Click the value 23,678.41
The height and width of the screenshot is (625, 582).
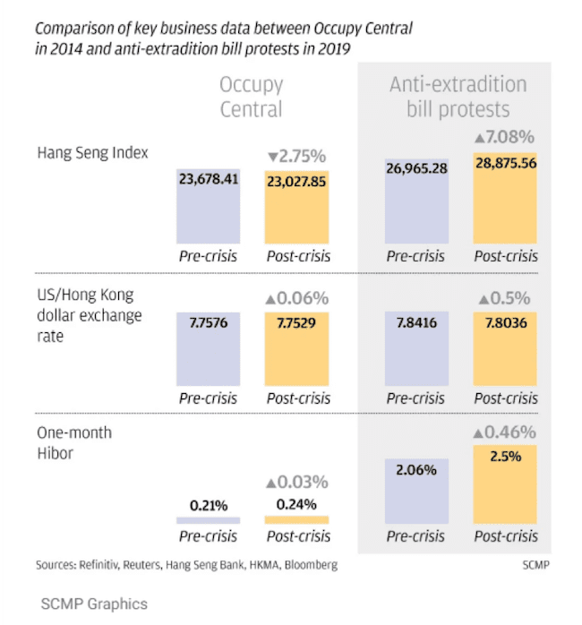click(x=209, y=179)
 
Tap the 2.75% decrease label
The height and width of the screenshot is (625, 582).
click(x=296, y=156)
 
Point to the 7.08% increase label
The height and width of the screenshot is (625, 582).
click(x=504, y=137)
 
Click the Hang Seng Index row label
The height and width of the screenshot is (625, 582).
click(x=92, y=152)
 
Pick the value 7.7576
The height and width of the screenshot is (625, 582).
click(x=208, y=322)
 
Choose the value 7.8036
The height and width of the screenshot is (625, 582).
click(x=505, y=322)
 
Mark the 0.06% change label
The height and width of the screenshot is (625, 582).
click(x=296, y=298)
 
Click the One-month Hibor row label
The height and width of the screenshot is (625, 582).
click(x=74, y=443)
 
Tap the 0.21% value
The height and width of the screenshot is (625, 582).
click(x=208, y=504)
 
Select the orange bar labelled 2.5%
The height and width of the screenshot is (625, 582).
click(x=505, y=488)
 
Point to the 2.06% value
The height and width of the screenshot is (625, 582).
click(x=416, y=468)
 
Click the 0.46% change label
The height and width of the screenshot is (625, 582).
click(x=504, y=432)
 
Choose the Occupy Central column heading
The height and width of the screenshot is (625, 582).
click(x=252, y=97)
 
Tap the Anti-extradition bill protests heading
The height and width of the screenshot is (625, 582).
click(x=458, y=97)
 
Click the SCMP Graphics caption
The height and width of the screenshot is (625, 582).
click(x=94, y=604)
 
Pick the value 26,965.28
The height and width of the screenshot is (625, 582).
click(x=416, y=167)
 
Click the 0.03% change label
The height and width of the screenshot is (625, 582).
click(x=296, y=481)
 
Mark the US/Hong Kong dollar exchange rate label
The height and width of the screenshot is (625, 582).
click(x=89, y=316)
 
